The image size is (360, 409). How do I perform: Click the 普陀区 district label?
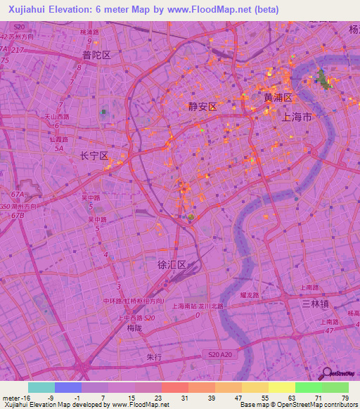(x=96, y=55)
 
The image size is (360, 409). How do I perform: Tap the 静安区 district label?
(x=202, y=106)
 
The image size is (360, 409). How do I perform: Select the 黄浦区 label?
(x=278, y=98)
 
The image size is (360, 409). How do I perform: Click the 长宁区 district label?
(x=94, y=156)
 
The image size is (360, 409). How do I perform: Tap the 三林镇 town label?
(x=316, y=303)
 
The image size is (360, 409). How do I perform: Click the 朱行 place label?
(x=154, y=357)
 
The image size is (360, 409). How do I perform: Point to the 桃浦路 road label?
(x=89, y=32)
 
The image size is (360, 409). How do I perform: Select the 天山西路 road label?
(x=57, y=117)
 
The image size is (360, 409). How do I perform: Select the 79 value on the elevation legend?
(x=345, y=397)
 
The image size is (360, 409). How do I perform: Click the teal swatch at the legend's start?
(x=41, y=387)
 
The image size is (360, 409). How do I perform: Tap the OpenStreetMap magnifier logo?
(x=327, y=373)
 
